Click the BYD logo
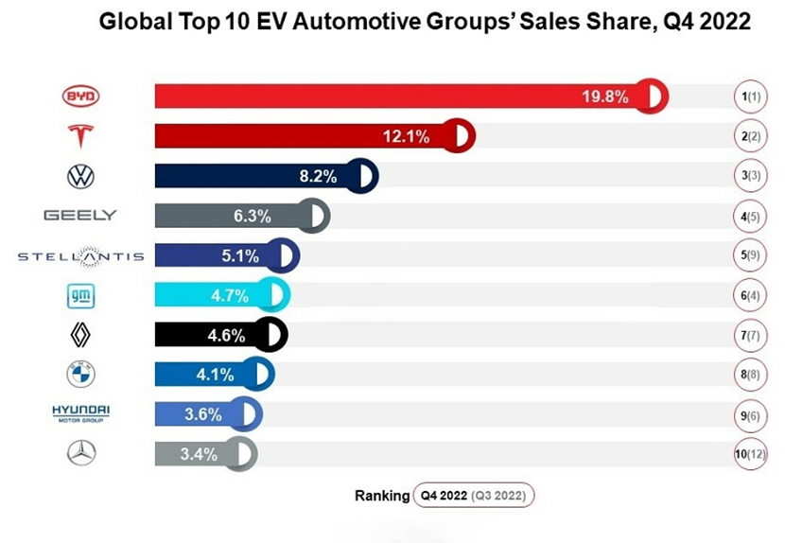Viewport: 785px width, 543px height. pos(80,96)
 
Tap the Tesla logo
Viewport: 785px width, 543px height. pos(80,136)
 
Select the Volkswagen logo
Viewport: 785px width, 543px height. pos(80,176)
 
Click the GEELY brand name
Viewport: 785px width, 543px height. pos(80,216)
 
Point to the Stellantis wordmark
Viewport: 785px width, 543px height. pos(80,255)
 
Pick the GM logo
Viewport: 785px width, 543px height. pos(80,296)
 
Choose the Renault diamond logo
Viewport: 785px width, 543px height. pos(80,335)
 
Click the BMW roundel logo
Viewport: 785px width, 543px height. pos(80,375)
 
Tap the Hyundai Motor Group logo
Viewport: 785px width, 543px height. pos(80,412)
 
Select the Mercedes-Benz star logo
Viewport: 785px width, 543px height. pos(80,454)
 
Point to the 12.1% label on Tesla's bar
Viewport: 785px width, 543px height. pos(406,136)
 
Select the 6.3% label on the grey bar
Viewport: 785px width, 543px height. pos(253,216)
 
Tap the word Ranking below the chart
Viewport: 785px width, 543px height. pos(381,495)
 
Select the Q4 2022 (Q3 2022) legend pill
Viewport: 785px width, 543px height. pos(474,495)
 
